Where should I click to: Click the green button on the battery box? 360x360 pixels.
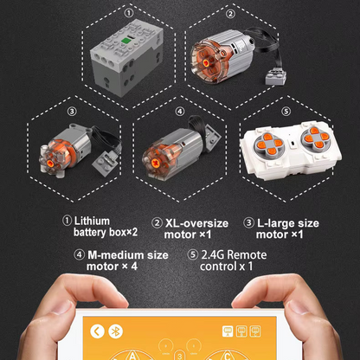(x=125, y=41)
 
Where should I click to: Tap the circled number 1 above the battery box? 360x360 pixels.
(x=129, y=13)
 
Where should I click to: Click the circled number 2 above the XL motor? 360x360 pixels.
(x=230, y=14)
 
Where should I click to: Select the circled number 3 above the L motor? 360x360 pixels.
(x=72, y=111)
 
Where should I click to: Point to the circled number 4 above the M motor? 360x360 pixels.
(x=180, y=112)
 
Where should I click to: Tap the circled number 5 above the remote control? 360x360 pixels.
(x=286, y=112)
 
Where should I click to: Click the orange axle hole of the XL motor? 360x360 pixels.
(x=205, y=62)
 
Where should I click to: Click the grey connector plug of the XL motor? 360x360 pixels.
(x=276, y=77)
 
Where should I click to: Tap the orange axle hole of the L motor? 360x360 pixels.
(x=51, y=164)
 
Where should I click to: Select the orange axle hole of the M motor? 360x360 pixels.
(x=155, y=164)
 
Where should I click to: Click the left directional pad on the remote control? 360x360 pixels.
(x=269, y=144)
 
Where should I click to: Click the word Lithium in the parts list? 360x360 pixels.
(x=92, y=222)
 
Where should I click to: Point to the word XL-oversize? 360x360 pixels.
(x=196, y=223)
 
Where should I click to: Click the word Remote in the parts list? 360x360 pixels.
(x=247, y=255)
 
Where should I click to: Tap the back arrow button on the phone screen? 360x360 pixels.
(x=97, y=331)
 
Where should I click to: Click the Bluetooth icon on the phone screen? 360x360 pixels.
(x=115, y=331)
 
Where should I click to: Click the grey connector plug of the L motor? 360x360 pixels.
(x=106, y=162)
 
